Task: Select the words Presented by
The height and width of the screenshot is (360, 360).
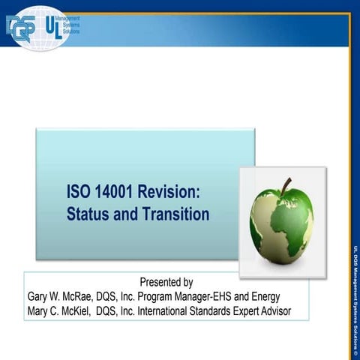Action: pos(166,283)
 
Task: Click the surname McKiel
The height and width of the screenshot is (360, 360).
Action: pos(87,310)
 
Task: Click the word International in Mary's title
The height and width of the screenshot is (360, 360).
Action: pos(175,310)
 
